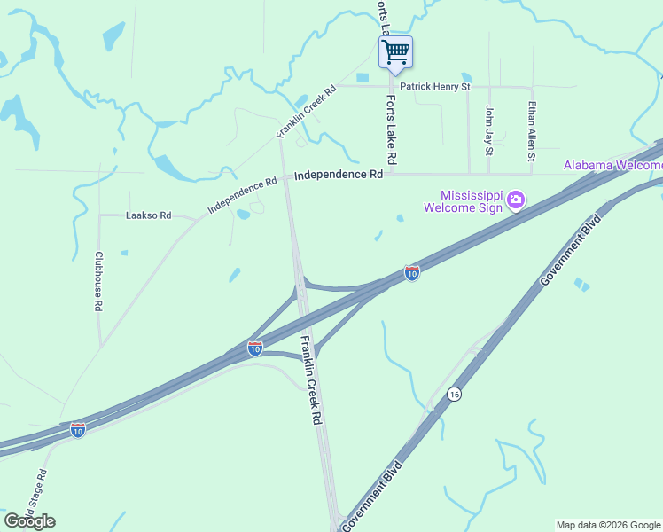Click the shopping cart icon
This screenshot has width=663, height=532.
tap(396, 51)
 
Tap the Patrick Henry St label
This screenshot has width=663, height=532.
tap(434, 87)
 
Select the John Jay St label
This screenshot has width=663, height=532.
tap(488, 129)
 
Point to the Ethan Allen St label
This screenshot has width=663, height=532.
tap(532, 131)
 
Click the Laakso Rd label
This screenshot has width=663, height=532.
tap(148, 215)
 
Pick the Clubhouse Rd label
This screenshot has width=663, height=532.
tap(98, 280)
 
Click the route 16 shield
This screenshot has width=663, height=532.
tap(455, 394)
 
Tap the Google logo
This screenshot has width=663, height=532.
tap(29, 520)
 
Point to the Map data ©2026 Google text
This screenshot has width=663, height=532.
tap(607, 525)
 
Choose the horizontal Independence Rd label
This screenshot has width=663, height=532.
tap(339, 175)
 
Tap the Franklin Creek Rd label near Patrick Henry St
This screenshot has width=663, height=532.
tap(306, 111)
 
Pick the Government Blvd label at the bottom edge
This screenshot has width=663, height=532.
tap(372, 497)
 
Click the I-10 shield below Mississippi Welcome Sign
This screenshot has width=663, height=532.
tap(412, 273)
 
